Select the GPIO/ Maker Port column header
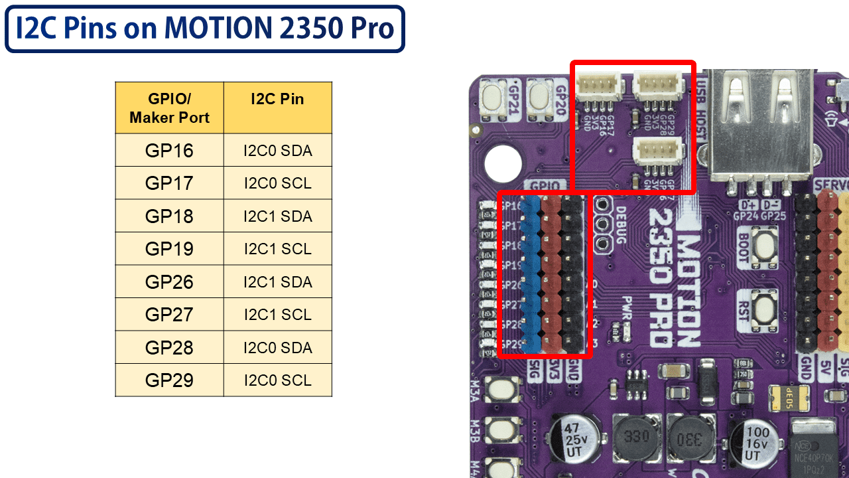click(x=170, y=108)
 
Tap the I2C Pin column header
click(x=277, y=100)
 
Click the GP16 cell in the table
click(x=170, y=151)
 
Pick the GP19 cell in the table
click(x=170, y=249)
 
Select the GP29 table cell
click(x=170, y=380)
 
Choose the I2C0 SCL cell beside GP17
click(x=277, y=183)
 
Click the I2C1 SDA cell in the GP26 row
click(x=277, y=282)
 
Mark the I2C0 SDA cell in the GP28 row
click(x=277, y=348)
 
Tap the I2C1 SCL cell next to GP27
click(x=277, y=315)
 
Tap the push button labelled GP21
click(x=495, y=100)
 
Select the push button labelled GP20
click(x=539, y=100)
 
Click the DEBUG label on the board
click(x=621, y=226)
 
